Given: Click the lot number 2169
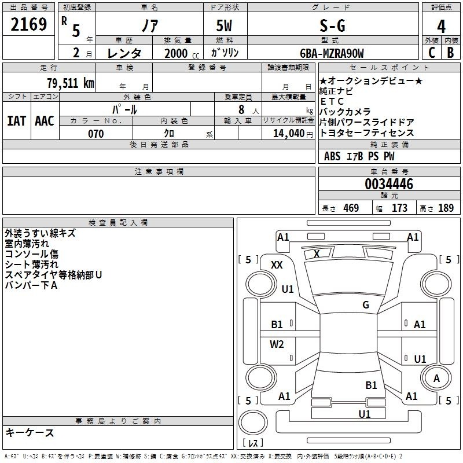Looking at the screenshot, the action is [28, 24].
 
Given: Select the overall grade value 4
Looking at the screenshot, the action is [441, 26].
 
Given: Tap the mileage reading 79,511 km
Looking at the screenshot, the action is [70, 83].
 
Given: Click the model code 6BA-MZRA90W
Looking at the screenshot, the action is [332, 53].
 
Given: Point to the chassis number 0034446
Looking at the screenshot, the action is [389, 184].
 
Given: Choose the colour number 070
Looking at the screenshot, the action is [96, 134].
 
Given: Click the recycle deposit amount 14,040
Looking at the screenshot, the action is [288, 134].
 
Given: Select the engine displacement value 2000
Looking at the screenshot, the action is [176, 53].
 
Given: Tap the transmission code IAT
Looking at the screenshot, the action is [16, 121].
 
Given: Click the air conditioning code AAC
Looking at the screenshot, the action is [45, 121].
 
